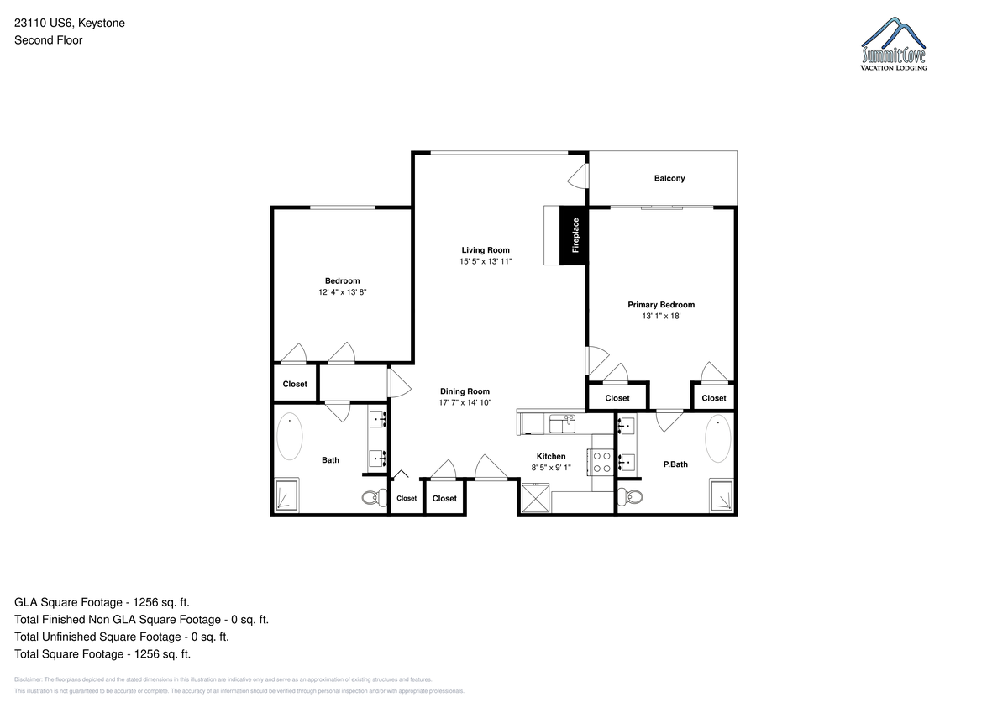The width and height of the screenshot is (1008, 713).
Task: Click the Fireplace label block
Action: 574,235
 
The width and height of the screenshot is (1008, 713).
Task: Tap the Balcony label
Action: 669,178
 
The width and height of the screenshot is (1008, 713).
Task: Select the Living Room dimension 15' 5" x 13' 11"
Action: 486,261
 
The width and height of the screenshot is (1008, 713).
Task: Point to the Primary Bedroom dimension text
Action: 661,316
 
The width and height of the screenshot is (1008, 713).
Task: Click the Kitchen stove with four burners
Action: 601,462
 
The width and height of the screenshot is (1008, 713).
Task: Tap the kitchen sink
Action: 562,424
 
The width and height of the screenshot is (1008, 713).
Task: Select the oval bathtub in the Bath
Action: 289,437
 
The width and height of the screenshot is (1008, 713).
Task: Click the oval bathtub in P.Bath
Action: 717,438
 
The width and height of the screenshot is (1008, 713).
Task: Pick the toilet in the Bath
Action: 374,497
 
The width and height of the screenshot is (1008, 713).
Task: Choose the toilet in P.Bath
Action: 630,497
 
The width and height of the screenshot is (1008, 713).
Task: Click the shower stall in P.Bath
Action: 721,495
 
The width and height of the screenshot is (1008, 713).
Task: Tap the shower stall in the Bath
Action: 286,495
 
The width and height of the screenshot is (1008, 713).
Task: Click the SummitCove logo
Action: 893,44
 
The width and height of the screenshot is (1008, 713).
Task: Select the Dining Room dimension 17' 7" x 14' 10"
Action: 465,402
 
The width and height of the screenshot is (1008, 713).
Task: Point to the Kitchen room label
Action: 551,456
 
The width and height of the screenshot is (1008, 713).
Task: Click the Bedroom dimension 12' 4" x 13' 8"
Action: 343,292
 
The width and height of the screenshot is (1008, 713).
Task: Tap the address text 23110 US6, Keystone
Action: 70,23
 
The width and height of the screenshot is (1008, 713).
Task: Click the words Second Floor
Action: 48,40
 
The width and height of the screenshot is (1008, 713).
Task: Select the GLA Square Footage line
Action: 102,602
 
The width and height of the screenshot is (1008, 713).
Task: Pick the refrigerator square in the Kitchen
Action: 535,497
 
